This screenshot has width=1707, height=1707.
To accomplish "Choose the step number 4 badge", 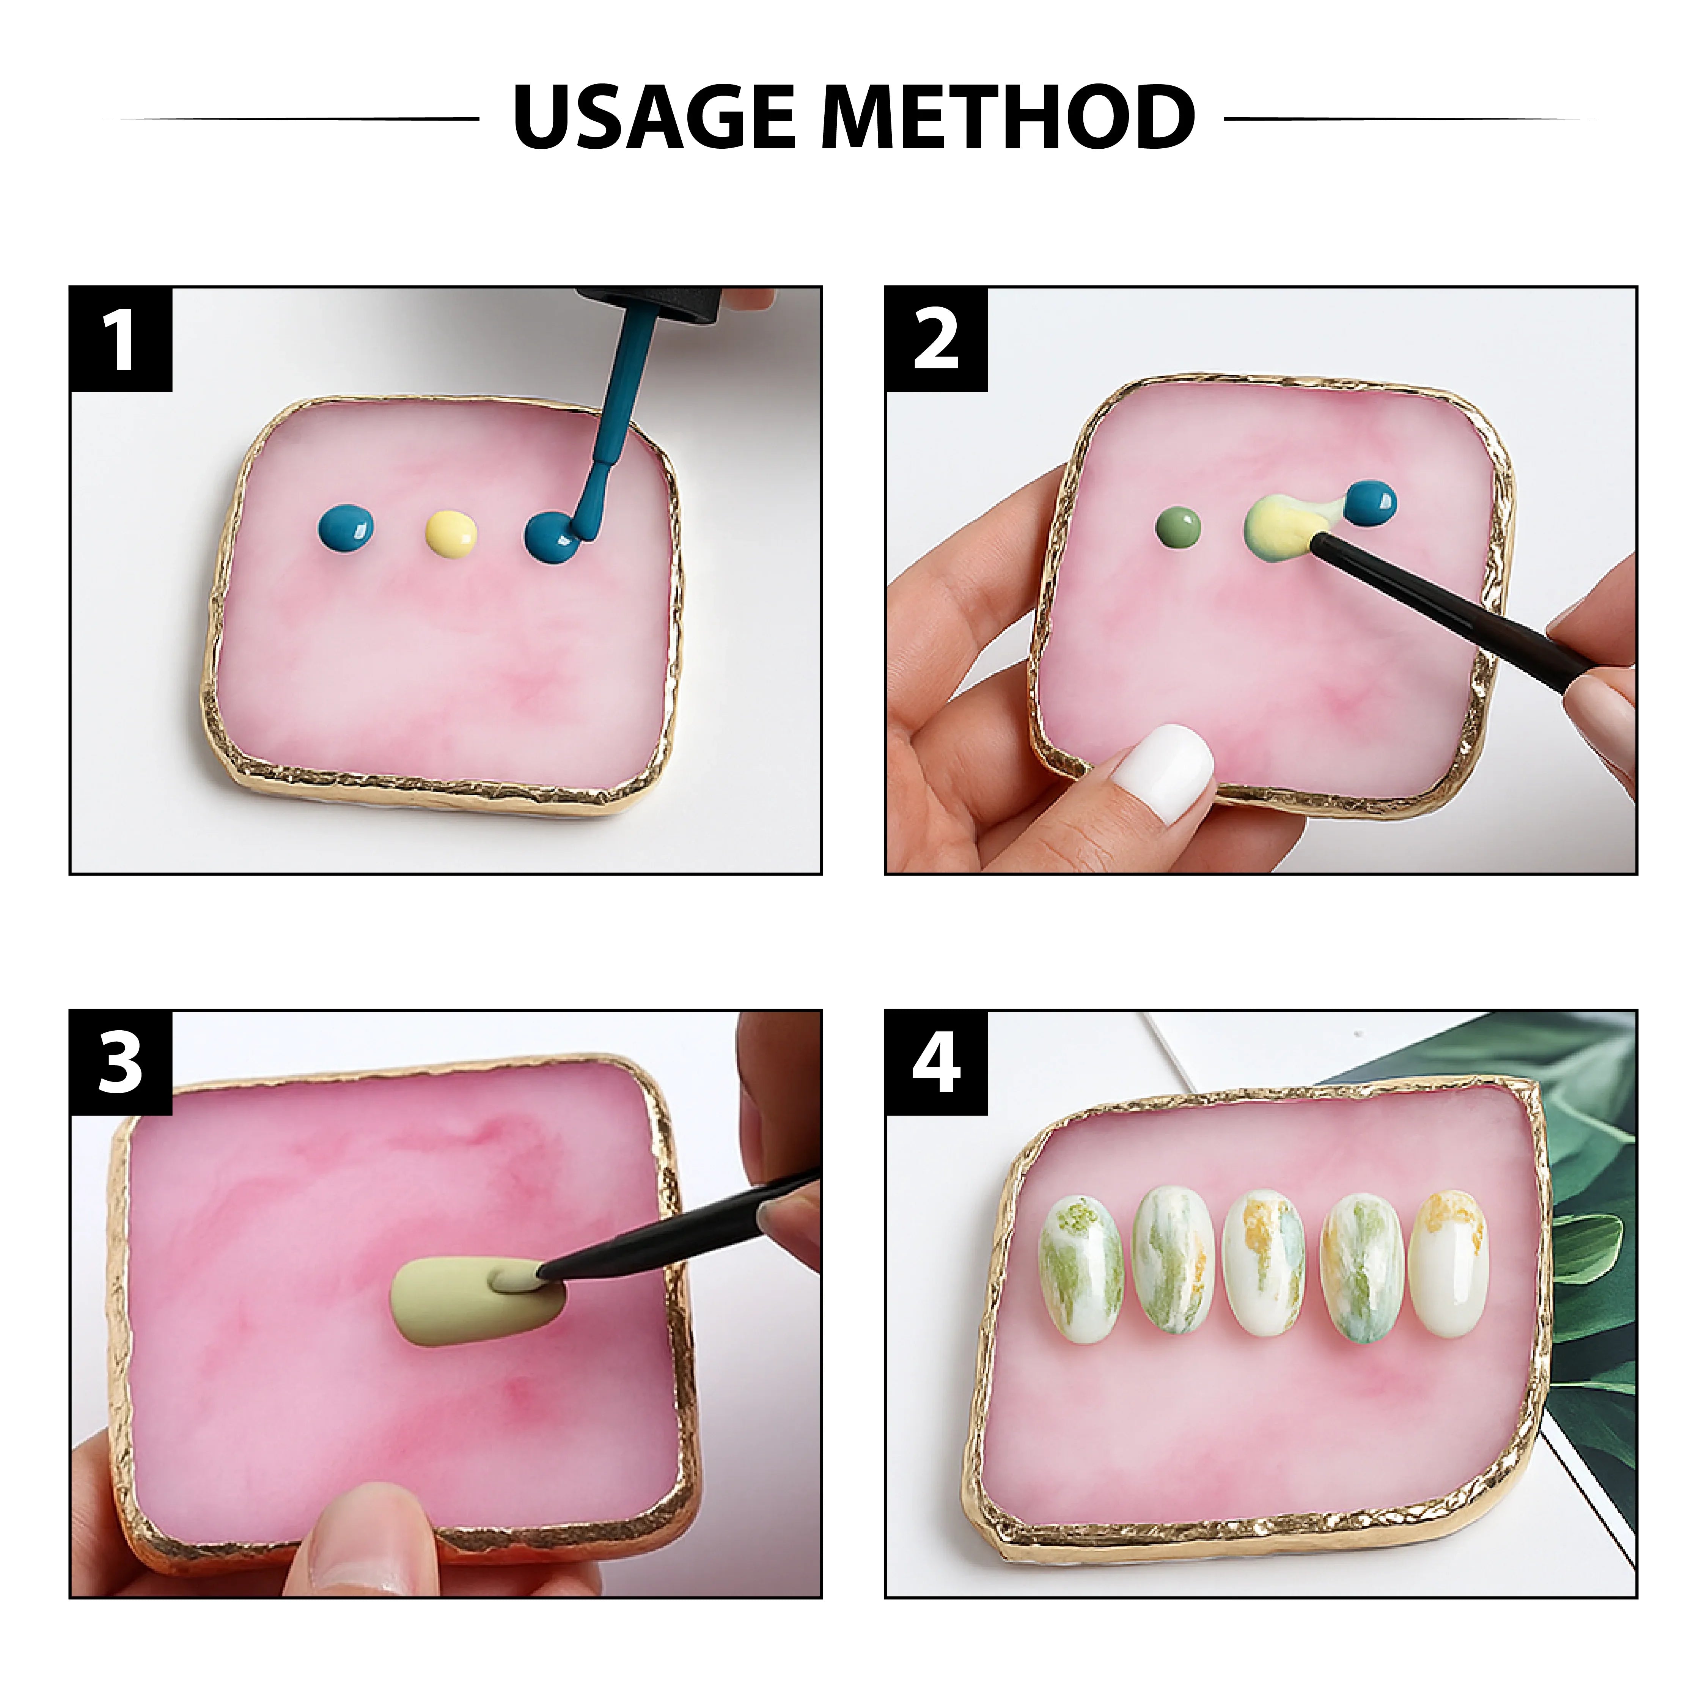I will [936, 1063].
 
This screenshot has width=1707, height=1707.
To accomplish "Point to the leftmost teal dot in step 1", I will [346, 529].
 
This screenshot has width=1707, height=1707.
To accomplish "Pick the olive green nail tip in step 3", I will [473, 1303].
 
